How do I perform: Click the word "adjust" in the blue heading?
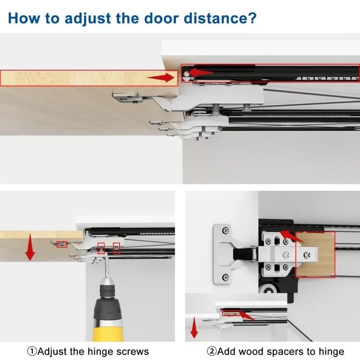tap(88, 18)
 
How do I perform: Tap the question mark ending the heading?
tap(252, 18)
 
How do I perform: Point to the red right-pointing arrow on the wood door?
tap(161, 78)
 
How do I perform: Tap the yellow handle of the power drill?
tap(108, 330)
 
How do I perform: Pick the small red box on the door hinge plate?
tap(62, 244)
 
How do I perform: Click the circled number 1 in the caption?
tap(32, 351)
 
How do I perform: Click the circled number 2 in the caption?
tap(211, 351)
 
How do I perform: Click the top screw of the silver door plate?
tap(226, 230)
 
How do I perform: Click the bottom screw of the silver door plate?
tap(226, 278)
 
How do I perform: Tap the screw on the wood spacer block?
tap(307, 255)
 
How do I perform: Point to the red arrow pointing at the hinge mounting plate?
tap(291, 236)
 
